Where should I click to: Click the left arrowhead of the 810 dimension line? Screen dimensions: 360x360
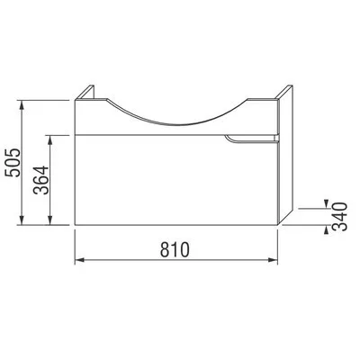[x=78, y=260]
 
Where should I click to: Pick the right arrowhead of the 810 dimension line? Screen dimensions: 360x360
[x=275, y=260]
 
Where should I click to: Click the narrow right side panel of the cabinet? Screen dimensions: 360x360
[x=283, y=153]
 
